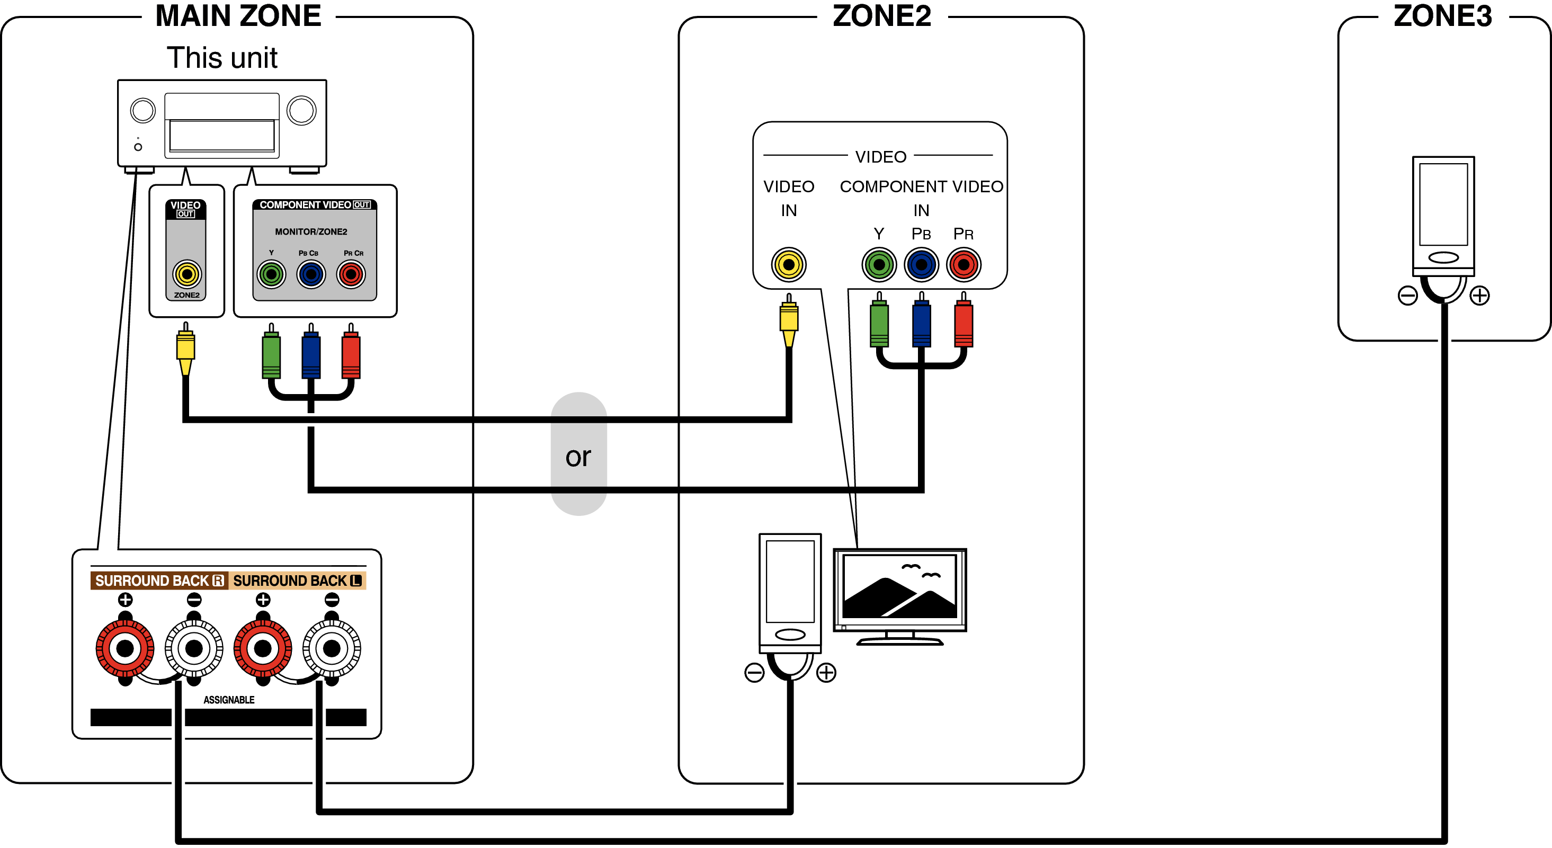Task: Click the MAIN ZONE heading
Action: (238, 16)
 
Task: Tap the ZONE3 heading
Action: (1442, 16)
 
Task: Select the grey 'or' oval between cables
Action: (578, 454)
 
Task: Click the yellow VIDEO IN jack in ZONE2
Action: (789, 264)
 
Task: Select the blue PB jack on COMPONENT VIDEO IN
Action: (921, 264)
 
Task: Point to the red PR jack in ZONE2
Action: (964, 264)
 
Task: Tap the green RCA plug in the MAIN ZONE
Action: (271, 355)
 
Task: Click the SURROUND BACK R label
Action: (159, 581)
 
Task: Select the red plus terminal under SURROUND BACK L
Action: (263, 649)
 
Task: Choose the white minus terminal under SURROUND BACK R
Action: (194, 649)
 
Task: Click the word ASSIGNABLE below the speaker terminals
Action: (229, 700)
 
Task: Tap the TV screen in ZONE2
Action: (899, 587)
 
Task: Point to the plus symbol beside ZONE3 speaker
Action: (1480, 296)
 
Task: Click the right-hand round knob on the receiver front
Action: (301, 111)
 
